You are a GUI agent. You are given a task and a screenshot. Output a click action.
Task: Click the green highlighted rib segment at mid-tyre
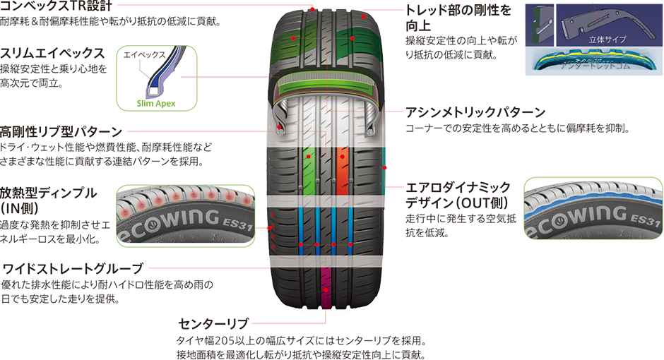[x=307, y=171]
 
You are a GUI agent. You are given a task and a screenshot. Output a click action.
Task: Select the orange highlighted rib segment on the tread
[x=342, y=171]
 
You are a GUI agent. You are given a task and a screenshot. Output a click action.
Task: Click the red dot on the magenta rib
[x=325, y=289]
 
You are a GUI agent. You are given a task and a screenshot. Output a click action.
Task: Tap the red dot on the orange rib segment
[x=342, y=155]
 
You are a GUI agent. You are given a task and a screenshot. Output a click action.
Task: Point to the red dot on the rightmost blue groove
[x=351, y=244]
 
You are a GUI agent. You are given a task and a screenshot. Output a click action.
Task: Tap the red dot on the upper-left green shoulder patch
[x=292, y=37]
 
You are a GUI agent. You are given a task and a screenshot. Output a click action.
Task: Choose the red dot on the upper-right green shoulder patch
[x=352, y=39]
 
